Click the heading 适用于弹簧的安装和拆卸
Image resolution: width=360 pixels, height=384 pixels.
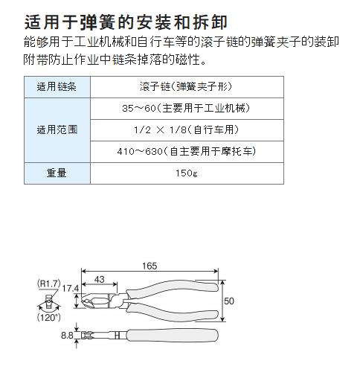tap(126, 22)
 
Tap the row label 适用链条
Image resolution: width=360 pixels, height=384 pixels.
tap(57, 87)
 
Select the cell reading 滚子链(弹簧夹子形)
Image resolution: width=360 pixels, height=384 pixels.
tap(186, 86)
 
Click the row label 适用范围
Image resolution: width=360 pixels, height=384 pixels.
tap(57, 129)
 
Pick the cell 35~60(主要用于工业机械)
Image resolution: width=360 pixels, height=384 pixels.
tap(186, 109)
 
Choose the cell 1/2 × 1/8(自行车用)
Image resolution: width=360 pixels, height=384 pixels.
tap(186, 129)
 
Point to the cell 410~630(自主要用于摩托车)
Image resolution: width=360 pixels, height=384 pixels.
tap(187, 151)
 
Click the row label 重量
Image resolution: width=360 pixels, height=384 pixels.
tap(57, 173)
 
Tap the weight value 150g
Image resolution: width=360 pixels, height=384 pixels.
tap(187, 173)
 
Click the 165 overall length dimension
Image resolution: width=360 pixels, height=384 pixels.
tap(150, 266)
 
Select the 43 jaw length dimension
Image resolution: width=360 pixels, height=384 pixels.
tap(99, 279)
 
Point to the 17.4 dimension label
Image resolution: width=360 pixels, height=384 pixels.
tap(71, 289)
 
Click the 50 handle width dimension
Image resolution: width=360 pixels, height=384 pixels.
tap(229, 301)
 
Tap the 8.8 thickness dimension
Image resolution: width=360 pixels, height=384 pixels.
tap(67, 336)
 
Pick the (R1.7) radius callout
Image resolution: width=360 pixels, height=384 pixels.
tap(49, 284)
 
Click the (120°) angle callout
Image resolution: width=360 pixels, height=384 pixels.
tap(49, 317)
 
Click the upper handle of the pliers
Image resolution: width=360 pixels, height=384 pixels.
tap(173, 288)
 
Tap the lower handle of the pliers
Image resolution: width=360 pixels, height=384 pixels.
tap(173, 313)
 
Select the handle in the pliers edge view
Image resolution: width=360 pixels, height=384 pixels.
tap(173, 336)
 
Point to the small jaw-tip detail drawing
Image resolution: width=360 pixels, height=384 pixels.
tap(49, 301)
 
